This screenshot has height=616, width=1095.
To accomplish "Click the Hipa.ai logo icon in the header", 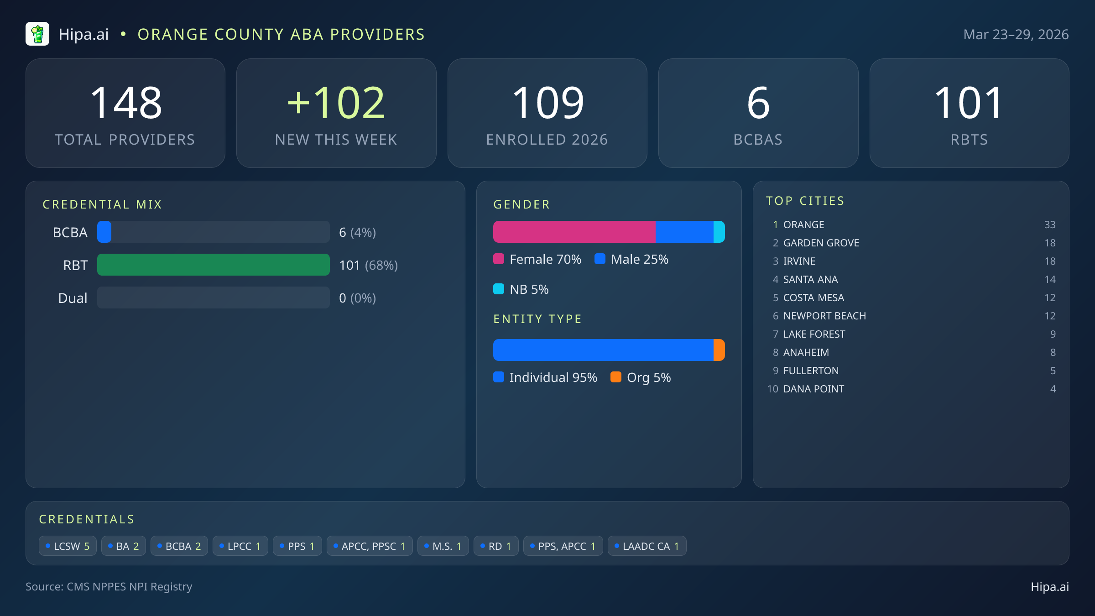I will [37, 34].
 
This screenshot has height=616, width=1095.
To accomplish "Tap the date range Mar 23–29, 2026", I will [1016, 35].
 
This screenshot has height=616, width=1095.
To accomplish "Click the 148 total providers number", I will [126, 104].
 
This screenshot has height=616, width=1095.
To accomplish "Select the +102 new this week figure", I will [336, 104].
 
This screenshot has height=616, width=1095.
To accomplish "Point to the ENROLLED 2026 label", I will [547, 140].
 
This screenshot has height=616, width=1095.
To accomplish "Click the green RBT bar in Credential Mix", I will [213, 265].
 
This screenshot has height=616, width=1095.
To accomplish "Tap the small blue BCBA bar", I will [104, 232].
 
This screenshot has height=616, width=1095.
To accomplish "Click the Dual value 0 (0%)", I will [357, 298].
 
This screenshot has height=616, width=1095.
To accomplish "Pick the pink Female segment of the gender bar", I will [574, 232].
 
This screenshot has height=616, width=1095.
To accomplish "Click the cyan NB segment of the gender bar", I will [719, 232].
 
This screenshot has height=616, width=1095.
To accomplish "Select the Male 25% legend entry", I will [632, 259].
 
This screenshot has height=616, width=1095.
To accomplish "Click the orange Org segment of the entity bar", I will [719, 350].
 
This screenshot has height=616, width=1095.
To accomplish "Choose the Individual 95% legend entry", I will [546, 377].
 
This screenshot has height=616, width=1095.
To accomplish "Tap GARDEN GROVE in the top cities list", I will [821, 243].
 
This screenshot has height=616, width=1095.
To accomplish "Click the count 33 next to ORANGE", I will [1049, 224].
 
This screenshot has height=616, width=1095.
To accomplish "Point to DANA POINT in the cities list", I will [813, 389].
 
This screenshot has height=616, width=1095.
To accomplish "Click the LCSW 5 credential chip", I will [68, 546].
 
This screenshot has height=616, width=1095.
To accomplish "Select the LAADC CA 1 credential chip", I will [647, 546].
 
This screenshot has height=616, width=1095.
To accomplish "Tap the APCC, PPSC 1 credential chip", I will [370, 546].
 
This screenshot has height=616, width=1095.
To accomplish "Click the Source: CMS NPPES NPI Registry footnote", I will [109, 587].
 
